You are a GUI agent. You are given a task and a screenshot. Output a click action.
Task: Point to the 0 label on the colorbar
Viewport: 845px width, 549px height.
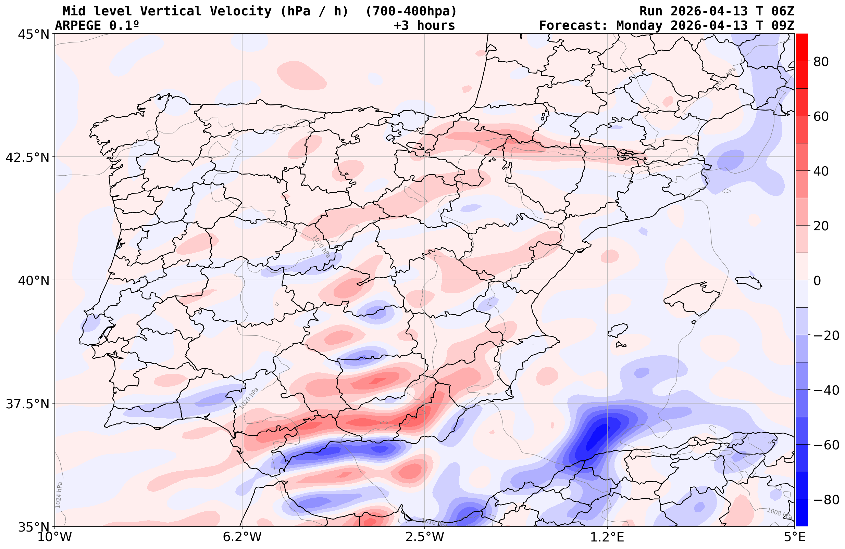pyautogui.click(x=817, y=281)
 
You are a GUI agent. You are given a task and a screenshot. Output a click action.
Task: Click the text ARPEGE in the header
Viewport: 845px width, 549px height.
pyautogui.click(x=78, y=26)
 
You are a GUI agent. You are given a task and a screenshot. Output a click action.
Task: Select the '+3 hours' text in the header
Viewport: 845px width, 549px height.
pyautogui.click(x=424, y=26)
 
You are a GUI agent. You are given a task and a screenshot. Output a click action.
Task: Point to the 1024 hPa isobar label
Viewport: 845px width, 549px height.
pyautogui.click(x=59, y=495)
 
